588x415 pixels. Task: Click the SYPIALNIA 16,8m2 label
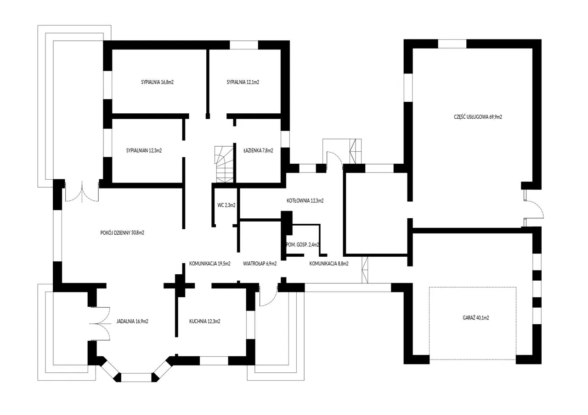157,82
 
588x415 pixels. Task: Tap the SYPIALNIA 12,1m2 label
243,82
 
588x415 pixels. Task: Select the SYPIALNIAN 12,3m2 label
144,151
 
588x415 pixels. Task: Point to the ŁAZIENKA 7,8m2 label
258,150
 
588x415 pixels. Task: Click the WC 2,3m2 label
226,205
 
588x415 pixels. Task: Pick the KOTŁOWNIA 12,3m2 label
305,201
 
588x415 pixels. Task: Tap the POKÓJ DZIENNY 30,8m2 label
122,232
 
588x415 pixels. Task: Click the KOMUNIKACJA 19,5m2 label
210,264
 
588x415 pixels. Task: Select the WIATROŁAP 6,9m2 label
260,264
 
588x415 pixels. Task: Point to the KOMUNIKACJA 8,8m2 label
329,264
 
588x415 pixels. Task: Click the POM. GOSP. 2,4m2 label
302,245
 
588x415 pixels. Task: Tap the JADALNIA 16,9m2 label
132,321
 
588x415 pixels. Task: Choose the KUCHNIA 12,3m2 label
205,321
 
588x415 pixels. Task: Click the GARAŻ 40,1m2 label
475,318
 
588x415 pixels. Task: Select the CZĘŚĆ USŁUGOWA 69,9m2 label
478,117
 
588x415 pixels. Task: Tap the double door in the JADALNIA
100,324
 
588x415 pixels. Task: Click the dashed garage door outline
473,323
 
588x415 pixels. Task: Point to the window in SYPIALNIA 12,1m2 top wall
244,45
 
